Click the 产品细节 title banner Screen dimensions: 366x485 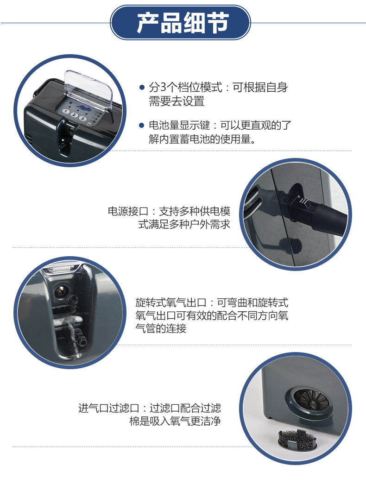(180, 22)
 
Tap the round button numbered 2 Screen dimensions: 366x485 (74, 115)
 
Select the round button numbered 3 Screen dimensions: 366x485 (82, 118)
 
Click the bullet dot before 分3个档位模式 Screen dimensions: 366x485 (142, 88)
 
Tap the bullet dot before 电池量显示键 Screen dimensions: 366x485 (142, 125)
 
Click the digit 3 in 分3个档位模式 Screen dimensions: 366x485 (163, 88)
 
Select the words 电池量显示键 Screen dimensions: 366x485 (179, 125)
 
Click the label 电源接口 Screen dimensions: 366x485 (128, 211)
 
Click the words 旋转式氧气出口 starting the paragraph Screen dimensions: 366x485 (171, 302)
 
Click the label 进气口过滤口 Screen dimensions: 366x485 (108, 408)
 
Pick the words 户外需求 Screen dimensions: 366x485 (210, 224)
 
